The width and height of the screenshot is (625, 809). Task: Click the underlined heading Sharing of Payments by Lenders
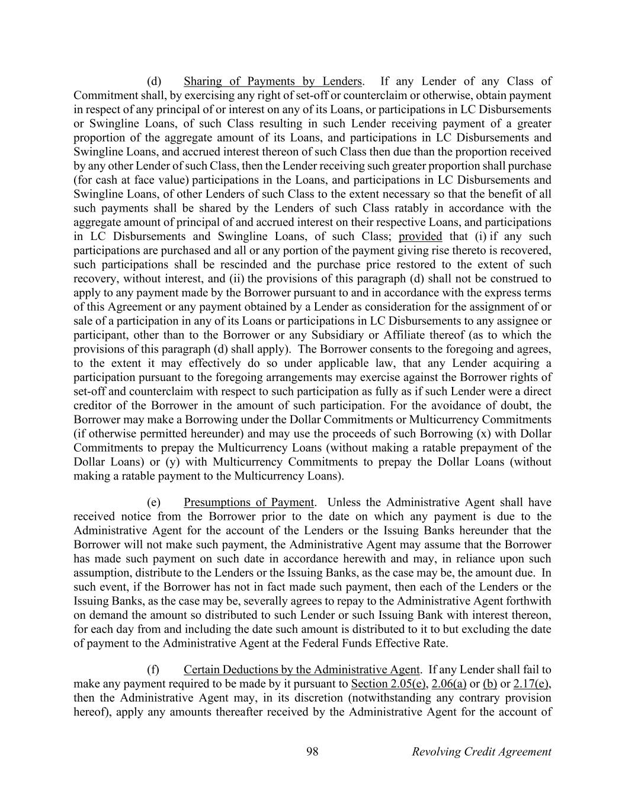coord(273,81)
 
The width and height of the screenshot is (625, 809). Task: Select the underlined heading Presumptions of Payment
coord(248,502)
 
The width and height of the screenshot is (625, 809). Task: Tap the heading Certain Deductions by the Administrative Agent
coord(302,670)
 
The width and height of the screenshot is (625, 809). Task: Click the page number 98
coord(312,752)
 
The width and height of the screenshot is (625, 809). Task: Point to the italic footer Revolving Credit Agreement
coord(481,752)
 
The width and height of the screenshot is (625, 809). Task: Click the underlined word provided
coord(420,236)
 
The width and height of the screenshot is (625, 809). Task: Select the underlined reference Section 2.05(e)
coord(389,684)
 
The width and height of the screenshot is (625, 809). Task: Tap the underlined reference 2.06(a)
coord(449,684)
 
